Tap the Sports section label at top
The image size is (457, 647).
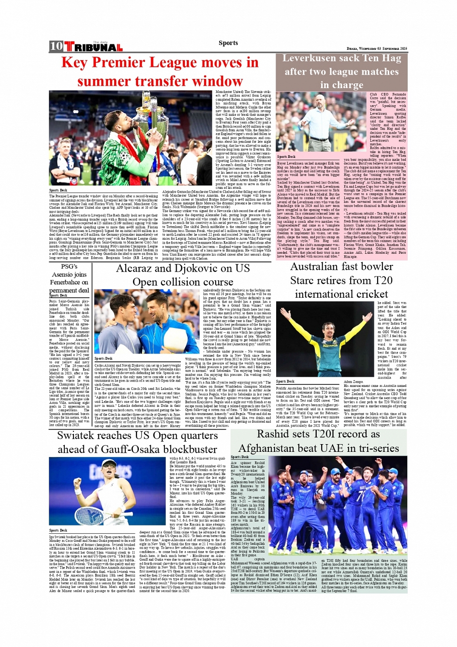point(228,43)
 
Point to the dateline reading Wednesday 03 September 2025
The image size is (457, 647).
point(377,49)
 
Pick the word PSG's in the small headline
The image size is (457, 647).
point(69,266)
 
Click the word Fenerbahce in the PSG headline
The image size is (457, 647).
point(69,282)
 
